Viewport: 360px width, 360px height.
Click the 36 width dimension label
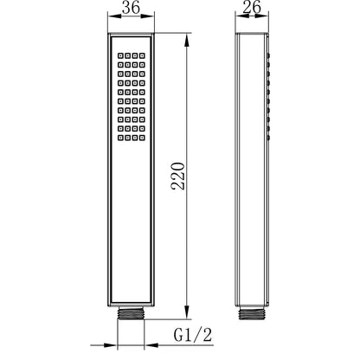click(131, 8)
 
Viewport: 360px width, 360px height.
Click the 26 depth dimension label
click(252, 7)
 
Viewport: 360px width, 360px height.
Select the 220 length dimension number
click(178, 176)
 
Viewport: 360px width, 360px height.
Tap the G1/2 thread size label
click(193, 335)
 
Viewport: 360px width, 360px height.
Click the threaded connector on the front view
click(131, 312)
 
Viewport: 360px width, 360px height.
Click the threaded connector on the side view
click(252, 313)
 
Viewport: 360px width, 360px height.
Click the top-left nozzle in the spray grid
click(120, 55)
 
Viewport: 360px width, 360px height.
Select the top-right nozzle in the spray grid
click(142, 55)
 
